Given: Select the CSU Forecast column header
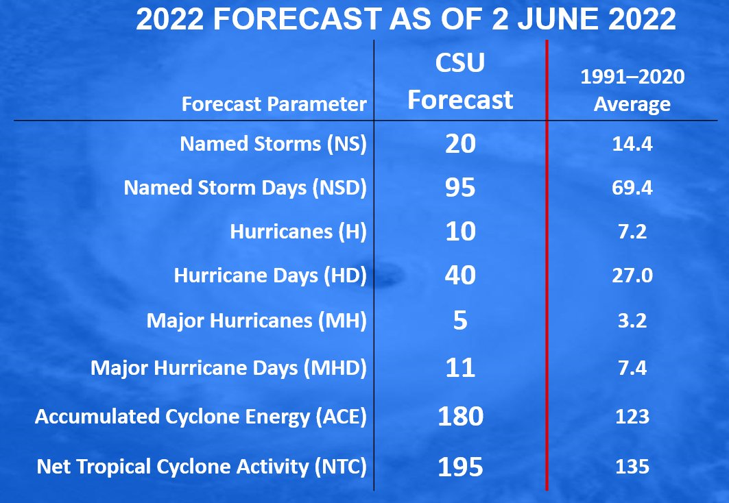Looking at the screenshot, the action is (x=460, y=82).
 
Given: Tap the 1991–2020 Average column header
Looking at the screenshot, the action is (x=632, y=90).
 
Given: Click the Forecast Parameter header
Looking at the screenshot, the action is (x=274, y=104).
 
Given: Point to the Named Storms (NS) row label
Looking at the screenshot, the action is (x=274, y=143).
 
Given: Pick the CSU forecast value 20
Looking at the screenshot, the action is (x=460, y=143).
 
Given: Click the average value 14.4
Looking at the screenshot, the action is (x=632, y=144).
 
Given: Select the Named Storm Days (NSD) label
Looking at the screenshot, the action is (x=245, y=188).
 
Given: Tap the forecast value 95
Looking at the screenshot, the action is (x=460, y=188).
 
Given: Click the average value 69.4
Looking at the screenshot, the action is (x=632, y=188).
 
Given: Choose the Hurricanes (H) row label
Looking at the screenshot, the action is (x=298, y=232).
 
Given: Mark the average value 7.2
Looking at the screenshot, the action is (x=632, y=232).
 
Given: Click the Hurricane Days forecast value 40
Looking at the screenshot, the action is (x=460, y=275).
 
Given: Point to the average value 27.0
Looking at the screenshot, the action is (x=632, y=275).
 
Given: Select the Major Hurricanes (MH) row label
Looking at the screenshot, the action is (x=256, y=321).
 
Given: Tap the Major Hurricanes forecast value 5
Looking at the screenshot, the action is (x=460, y=321).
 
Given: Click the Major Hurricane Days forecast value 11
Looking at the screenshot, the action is (x=460, y=367).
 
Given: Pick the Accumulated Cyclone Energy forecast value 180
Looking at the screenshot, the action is (x=460, y=416).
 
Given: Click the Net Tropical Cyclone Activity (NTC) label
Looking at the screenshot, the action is (x=202, y=466).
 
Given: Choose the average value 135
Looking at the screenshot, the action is (x=632, y=467).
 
